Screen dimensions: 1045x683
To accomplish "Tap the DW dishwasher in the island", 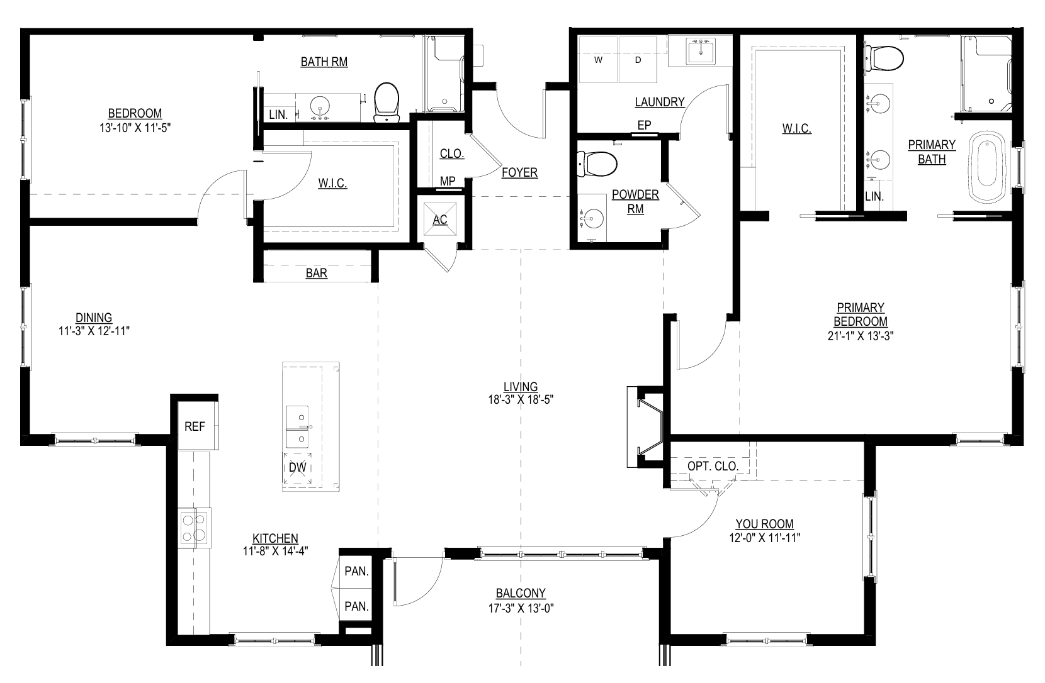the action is coord(298,468).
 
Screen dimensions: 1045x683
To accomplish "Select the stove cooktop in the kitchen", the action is coord(195,528).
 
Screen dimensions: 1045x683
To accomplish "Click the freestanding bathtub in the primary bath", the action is coord(986,167).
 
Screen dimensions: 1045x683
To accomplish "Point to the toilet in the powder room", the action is coord(597,164).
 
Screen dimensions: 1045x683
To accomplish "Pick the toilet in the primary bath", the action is coord(884,58).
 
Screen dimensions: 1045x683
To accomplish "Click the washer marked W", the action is coord(599,60).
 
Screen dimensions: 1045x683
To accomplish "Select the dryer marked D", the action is coord(638,60).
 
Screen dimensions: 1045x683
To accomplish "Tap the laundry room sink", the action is coord(701,52).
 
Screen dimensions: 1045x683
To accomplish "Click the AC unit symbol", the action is coord(440,219).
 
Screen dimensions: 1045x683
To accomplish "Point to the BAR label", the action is coord(316,273).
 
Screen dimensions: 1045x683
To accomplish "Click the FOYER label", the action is coord(520,172).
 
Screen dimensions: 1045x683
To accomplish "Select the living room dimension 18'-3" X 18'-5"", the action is coord(521,399).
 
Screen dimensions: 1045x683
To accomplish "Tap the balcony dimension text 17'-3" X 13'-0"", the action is coord(521,608).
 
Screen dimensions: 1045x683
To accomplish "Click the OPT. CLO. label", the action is coord(713,466).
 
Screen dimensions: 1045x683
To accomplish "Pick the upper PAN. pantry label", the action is coord(357,571).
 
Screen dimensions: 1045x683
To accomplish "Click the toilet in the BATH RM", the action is coord(387,102).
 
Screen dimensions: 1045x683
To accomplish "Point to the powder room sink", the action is coord(592,218).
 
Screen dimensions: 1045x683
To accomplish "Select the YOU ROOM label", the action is coord(765,524).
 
